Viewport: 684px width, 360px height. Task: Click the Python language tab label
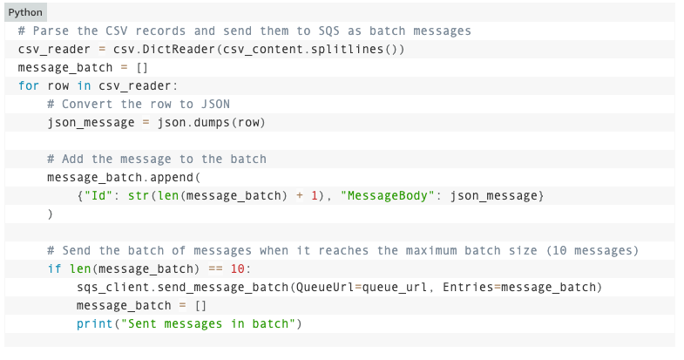(25, 13)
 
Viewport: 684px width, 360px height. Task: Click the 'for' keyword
(28, 85)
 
